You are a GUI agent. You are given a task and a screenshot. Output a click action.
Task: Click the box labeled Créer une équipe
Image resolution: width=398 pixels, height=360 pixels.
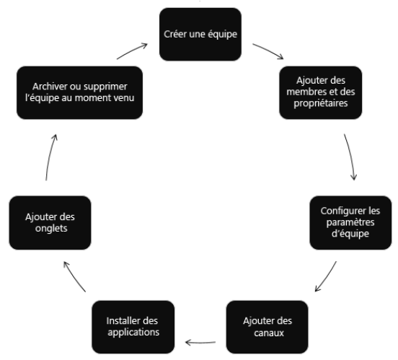click(200, 35)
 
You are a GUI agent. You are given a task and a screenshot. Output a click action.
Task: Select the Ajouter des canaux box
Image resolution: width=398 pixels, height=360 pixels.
click(267, 327)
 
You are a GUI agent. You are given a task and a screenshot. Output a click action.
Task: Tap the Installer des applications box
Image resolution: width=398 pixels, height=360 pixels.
click(133, 327)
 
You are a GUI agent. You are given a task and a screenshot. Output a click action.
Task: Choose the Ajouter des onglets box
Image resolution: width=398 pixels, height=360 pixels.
click(50, 223)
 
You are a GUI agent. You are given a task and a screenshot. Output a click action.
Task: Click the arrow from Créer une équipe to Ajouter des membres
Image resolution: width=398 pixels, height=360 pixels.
click(268, 51)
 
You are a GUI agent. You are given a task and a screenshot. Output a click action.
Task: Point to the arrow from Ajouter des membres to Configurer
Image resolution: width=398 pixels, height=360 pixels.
click(351, 157)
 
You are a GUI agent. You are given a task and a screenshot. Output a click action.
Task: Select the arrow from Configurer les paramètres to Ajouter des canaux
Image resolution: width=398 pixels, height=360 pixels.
click(327, 277)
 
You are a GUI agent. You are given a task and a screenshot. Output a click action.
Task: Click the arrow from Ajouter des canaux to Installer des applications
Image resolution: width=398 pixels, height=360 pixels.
click(200, 343)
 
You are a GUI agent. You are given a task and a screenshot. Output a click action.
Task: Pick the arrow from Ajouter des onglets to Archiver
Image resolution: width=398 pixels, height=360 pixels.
click(50, 157)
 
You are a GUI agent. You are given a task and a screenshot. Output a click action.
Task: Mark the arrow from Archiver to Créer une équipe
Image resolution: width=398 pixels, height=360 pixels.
click(132, 51)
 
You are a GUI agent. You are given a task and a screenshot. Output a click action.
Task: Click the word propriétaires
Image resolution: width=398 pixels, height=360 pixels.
click(321, 103)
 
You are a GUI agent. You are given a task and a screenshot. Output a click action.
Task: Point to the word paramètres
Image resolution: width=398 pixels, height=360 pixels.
click(350, 222)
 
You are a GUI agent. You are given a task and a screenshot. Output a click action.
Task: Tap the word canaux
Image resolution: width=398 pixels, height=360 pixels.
click(269, 333)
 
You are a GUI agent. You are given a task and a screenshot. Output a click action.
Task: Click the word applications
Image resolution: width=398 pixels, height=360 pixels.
click(133, 333)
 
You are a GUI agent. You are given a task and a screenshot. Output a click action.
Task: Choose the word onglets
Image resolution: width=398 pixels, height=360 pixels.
click(51, 229)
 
